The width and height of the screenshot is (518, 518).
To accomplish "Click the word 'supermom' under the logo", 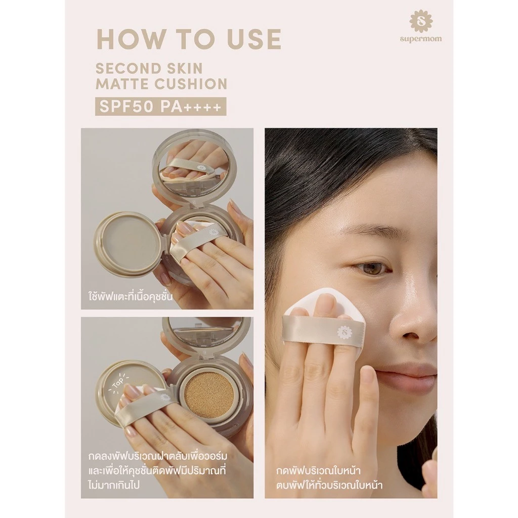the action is click(420, 39).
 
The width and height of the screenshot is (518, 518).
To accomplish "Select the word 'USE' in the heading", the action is click(251, 39).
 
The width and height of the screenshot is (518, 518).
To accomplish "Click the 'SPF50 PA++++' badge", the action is click(160, 106).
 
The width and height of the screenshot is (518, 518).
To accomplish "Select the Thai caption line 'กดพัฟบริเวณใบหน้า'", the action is click(318, 470).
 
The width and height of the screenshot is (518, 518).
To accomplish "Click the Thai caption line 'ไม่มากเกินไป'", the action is click(114, 485).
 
